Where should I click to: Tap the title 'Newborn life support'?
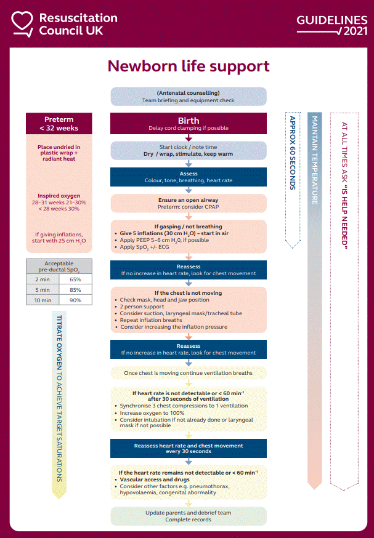pos(188,66)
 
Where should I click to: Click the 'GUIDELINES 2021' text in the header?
pos(332,25)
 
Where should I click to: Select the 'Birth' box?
pos(188,124)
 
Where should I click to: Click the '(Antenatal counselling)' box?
pos(188,97)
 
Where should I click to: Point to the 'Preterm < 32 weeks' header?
pos(59,124)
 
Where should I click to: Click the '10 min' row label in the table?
pos(42,300)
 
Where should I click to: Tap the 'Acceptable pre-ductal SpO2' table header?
pos(59,266)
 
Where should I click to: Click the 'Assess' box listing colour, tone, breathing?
pos(188,177)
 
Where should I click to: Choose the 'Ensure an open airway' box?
pos(188,203)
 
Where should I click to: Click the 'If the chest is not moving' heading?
pos(188,293)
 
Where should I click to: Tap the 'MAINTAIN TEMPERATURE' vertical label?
pos(314,160)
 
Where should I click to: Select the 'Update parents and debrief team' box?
pos(188,516)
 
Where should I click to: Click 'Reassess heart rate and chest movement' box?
pos(188,448)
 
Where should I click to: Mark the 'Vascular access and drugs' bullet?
pos(150,480)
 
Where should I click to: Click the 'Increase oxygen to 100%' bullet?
pos(150,414)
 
